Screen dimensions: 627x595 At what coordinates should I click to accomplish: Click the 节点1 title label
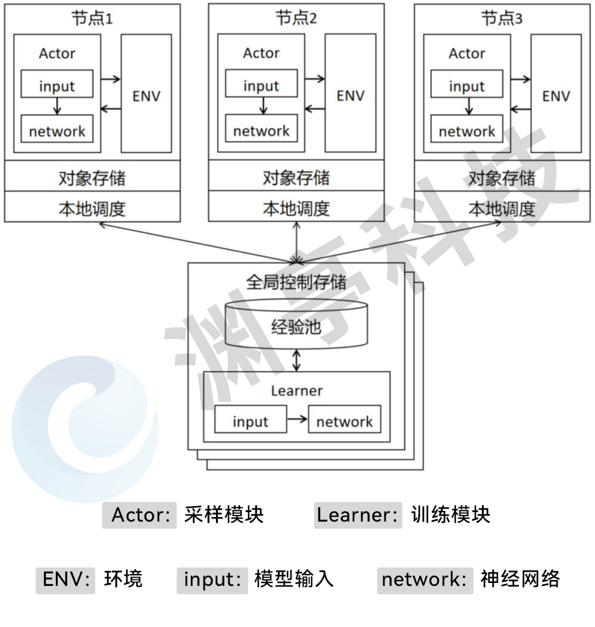[x=92, y=19]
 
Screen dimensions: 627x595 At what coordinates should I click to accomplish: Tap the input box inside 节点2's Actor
[x=261, y=86]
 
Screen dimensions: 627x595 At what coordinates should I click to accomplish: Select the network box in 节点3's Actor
[x=466, y=131]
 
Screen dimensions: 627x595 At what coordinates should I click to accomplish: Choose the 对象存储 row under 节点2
[x=296, y=177]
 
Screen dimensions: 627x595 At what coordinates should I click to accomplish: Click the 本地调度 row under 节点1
[x=92, y=208]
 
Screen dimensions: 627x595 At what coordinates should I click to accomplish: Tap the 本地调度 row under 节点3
[x=502, y=208]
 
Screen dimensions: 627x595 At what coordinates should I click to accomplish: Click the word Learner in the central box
[x=296, y=391]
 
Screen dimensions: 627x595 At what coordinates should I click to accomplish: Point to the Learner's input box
[x=250, y=422]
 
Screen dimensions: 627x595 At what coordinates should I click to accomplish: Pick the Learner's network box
[x=345, y=422]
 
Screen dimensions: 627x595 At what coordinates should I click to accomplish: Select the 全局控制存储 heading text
[x=296, y=281]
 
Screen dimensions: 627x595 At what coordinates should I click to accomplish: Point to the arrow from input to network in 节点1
[x=57, y=106]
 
